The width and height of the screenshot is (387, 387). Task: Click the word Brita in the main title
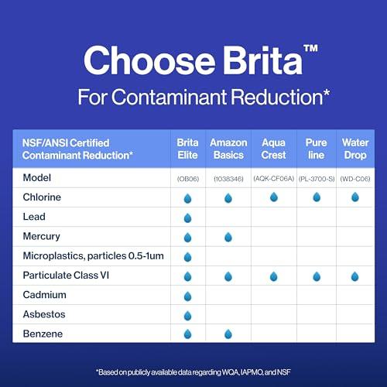pos(248,60)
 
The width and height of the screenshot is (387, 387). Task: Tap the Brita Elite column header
pos(187,149)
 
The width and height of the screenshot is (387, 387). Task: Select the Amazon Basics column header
pos(228,149)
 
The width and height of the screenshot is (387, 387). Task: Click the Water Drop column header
pos(355,149)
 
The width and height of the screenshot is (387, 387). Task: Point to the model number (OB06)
pos(187,178)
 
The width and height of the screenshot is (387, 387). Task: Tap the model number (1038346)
pos(228,178)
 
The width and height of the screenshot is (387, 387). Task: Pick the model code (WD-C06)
pos(355,178)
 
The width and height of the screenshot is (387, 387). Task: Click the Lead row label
pos(33,217)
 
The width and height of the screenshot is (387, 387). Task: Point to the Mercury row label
pos(40,236)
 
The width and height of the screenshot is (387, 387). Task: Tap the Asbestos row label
pos(44,314)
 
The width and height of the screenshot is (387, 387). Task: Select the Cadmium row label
pos(43,295)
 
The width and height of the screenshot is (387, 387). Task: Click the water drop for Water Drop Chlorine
pos(355,197)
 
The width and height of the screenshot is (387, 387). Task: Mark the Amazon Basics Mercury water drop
pos(228,237)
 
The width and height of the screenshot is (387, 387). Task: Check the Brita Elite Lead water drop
pos(187,217)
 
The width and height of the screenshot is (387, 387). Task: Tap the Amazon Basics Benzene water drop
pos(228,334)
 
